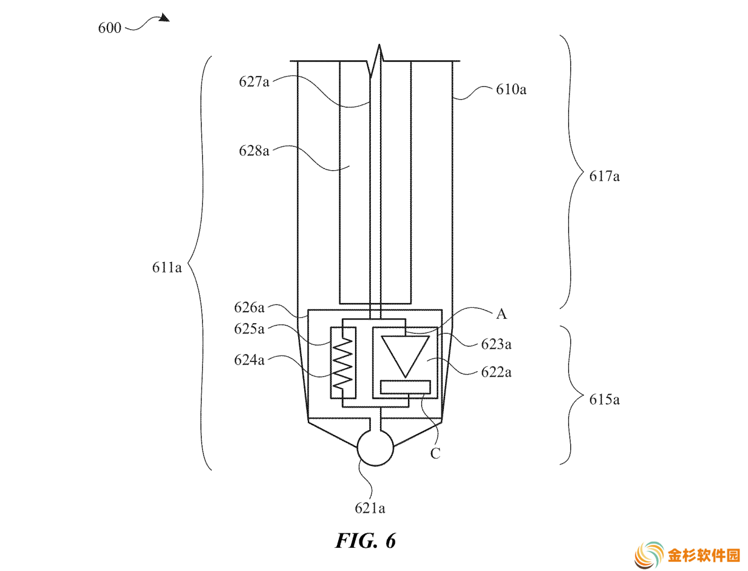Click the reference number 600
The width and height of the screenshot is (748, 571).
[109, 27]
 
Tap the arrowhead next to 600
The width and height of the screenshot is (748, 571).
[165, 18]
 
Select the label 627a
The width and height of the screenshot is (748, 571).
[254, 82]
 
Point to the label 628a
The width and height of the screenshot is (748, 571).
[254, 151]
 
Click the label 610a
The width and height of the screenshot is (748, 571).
[511, 89]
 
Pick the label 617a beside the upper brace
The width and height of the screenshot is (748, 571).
[604, 176]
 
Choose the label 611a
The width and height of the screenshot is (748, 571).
[166, 267]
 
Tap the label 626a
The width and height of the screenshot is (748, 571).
[249, 307]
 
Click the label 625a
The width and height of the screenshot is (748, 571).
[249, 329]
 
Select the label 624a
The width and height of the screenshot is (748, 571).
[249, 360]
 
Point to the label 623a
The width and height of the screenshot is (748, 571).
[496, 344]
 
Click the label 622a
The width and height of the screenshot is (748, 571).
[496, 372]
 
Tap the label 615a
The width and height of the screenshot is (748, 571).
[604, 400]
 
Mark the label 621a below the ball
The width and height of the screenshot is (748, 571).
[370, 508]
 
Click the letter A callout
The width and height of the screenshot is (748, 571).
[501, 314]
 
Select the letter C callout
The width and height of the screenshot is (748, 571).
[435, 453]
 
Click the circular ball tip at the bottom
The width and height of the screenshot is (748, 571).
[375, 448]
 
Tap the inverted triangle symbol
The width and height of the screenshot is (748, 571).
[405, 357]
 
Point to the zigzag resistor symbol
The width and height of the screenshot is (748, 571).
[343, 363]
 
